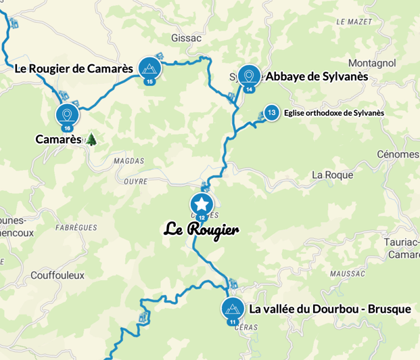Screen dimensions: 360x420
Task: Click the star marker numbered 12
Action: coord(202,204)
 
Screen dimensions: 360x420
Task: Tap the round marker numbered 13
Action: coord(271,112)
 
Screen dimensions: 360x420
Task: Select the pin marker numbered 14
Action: coord(250,76)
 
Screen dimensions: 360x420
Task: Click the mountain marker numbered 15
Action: coord(149,68)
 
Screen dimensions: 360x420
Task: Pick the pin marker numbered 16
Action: coord(67,114)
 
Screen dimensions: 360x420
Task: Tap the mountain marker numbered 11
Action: coord(233,309)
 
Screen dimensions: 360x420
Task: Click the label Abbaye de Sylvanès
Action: coord(317,77)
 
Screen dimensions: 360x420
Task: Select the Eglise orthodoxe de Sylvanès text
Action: coord(334,113)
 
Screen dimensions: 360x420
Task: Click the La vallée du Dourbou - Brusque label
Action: coord(330,309)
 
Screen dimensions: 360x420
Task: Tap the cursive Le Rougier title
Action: coord(202,229)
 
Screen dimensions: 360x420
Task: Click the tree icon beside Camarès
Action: coord(91,139)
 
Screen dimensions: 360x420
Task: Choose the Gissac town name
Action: coord(187,38)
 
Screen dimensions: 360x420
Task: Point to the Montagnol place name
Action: coord(371,62)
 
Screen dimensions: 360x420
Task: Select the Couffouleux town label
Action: coord(57,275)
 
